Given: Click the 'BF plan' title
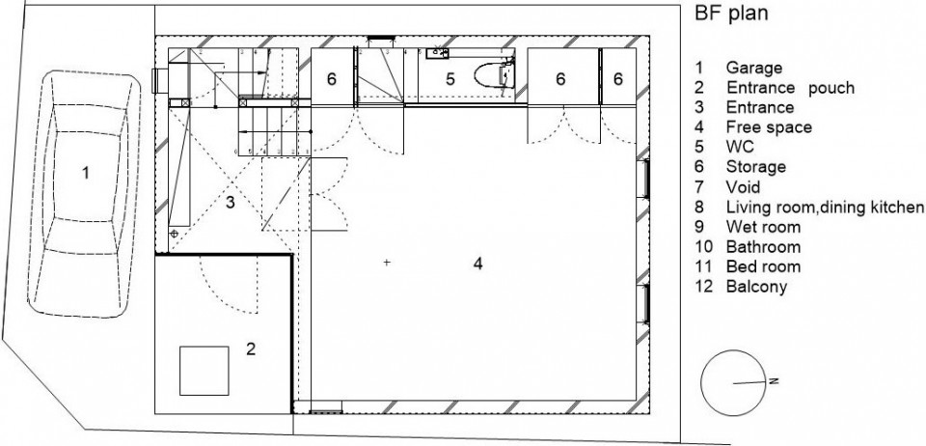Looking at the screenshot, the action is pyautogui.click(x=731, y=13).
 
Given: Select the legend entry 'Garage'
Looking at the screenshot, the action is pyautogui.click(x=754, y=68).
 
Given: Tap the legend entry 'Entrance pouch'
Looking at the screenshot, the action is pyautogui.click(x=790, y=88).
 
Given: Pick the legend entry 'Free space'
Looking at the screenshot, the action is pyautogui.click(x=769, y=127).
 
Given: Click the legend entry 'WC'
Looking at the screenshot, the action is pyautogui.click(x=740, y=147).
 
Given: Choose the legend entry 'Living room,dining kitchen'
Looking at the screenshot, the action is pyautogui.click(x=825, y=208).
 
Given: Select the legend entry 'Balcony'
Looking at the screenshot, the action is pyautogui.click(x=756, y=287).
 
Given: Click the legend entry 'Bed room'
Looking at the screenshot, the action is pyautogui.click(x=763, y=267).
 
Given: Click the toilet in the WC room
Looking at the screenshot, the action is pyautogui.click(x=493, y=75).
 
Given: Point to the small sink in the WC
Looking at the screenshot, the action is pyautogui.click(x=437, y=53).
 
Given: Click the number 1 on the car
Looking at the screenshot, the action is pyautogui.click(x=86, y=173).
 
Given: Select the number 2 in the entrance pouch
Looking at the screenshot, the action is pyautogui.click(x=251, y=349).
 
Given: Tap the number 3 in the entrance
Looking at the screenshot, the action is pyautogui.click(x=231, y=203).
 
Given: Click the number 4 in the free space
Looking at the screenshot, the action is pyautogui.click(x=477, y=264).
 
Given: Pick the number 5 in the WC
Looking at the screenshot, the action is pyautogui.click(x=450, y=79).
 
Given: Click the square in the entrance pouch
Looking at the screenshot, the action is pyautogui.click(x=204, y=371).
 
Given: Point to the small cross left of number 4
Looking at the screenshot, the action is pyautogui.click(x=387, y=262).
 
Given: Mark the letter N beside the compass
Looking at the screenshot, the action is pyautogui.click(x=775, y=380).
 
